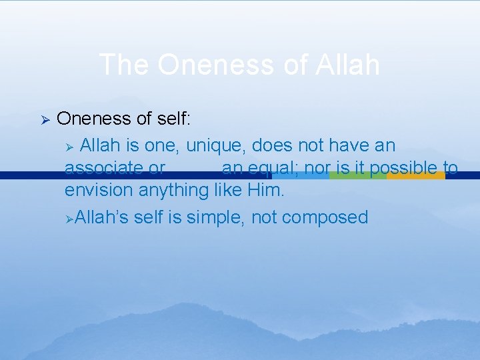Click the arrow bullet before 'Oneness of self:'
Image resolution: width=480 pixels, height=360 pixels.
pyautogui.click(x=45, y=119)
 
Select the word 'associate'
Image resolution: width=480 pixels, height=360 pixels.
pyautogui.click(x=103, y=168)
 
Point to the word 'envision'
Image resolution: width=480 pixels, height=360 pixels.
pyautogui.click(x=99, y=191)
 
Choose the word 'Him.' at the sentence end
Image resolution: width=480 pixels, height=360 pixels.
pyautogui.click(x=265, y=191)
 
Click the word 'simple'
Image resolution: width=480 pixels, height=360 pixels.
pyautogui.click(x=217, y=217)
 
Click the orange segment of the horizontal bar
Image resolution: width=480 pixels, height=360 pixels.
pyautogui.click(x=415, y=176)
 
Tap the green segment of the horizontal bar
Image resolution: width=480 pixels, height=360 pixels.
pyautogui.click(x=358, y=176)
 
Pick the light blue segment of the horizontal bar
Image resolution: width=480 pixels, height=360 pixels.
pyautogui.click(x=301, y=176)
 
